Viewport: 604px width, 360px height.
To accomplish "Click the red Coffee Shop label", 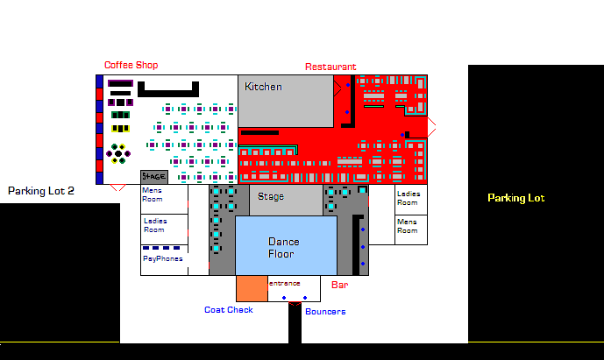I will [131, 65].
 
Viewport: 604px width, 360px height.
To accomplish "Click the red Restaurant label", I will [330, 67].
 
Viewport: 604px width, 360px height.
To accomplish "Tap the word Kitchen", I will [263, 87].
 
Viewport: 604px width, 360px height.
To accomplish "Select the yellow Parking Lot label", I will [516, 198].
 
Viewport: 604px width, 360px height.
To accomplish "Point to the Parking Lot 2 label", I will [41, 190].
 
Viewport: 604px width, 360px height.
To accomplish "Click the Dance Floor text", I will [284, 248].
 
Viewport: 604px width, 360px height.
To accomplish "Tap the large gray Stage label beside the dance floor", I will [271, 197].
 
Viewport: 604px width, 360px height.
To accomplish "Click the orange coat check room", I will [251, 288].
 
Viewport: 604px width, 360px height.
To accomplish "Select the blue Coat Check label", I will [229, 310].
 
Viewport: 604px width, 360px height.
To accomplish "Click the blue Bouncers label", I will [325, 312].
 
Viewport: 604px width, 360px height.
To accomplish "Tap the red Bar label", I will [340, 285].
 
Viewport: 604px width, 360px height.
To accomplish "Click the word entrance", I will [285, 283].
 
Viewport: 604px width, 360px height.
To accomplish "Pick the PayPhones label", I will [163, 259].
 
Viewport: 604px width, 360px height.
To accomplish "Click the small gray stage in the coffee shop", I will [153, 177].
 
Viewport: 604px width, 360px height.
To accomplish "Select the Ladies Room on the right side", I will [409, 198].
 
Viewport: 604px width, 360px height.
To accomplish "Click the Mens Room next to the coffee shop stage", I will [153, 194].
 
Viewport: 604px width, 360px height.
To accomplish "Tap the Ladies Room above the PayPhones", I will [154, 225].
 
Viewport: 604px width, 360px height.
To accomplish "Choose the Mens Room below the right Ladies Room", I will [408, 226].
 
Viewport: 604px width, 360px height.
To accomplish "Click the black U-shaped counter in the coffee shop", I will [167, 88].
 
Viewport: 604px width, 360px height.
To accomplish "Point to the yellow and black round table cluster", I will [117, 152].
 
